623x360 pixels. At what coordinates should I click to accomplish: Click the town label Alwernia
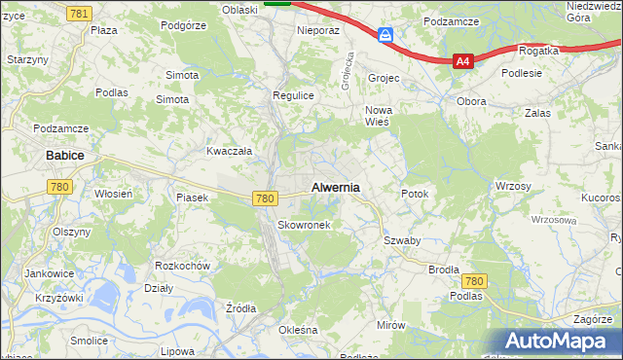335,187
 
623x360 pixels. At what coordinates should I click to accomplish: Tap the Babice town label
65,155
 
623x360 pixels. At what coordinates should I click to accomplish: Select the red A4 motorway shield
462,61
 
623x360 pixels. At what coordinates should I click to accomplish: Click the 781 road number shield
81,13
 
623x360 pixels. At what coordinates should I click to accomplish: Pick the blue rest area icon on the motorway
386,35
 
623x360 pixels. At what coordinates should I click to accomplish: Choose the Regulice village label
292,95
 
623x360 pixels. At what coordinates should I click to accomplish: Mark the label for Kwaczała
230,151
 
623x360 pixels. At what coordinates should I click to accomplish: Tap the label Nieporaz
317,30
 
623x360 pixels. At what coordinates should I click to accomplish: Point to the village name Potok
415,194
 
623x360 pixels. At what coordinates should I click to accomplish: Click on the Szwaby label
401,240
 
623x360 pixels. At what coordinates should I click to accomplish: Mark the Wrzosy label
512,186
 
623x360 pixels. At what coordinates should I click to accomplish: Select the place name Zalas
536,113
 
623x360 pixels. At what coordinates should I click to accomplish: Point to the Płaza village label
103,30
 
